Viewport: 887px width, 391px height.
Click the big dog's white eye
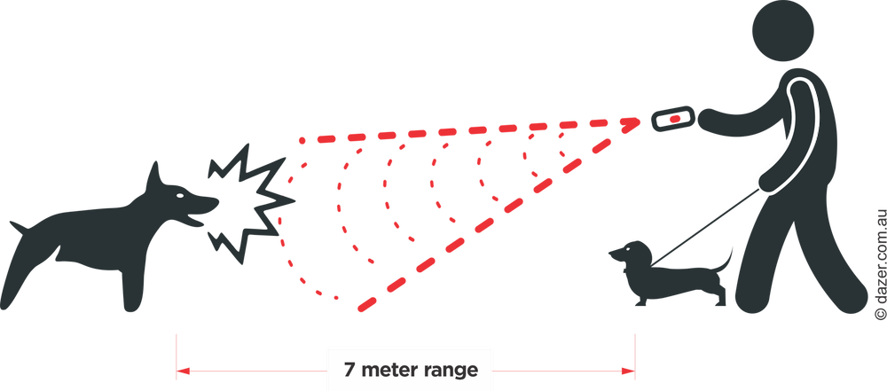pos(180,195)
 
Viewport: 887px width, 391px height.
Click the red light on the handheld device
pos(675,119)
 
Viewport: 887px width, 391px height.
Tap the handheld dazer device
pos(672,119)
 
